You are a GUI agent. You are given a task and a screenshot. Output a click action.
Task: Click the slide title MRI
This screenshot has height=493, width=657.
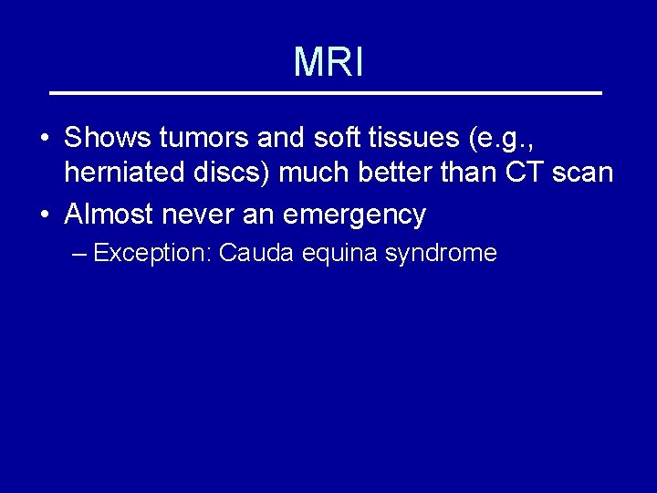click(328, 62)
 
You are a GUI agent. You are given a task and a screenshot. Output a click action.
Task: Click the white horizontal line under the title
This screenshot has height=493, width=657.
click(326, 93)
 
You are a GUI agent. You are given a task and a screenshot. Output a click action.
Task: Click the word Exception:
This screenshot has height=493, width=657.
click(152, 253)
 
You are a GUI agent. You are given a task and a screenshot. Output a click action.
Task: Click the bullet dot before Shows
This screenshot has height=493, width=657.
click(45, 140)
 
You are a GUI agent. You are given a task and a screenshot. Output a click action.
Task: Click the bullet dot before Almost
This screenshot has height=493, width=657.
click(45, 215)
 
